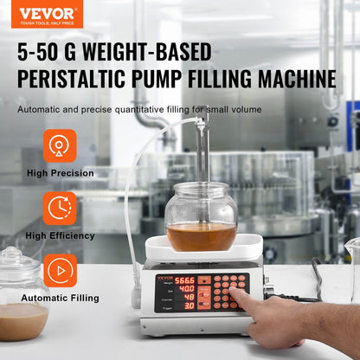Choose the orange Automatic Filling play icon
60,270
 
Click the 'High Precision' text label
60,173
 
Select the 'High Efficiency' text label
60,235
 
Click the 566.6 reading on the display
184,280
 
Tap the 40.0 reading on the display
185,289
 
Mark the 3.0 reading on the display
189,305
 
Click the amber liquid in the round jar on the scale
201,235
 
